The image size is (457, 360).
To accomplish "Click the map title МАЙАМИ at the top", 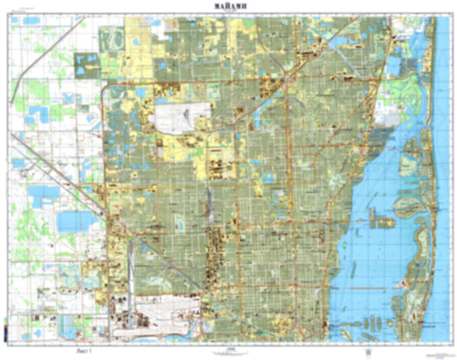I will point(228,7).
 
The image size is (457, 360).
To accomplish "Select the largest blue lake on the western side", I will point(71,222).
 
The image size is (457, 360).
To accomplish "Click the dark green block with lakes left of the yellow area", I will point(87,65).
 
